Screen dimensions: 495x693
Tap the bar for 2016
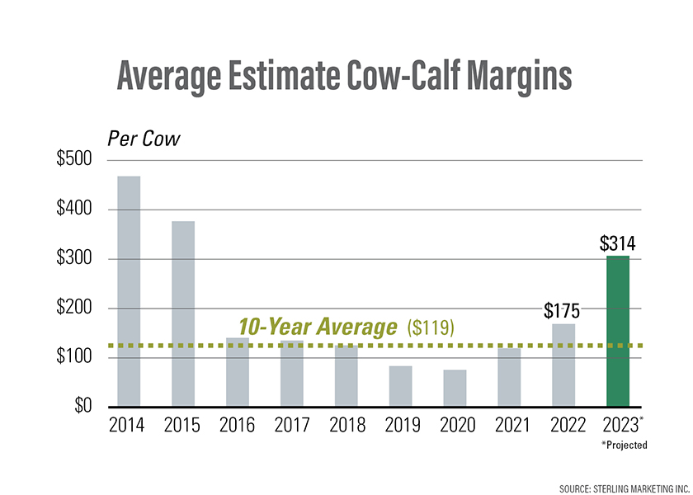(237, 372)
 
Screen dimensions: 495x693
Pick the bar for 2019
(400, 386)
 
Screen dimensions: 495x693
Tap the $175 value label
(563, 311)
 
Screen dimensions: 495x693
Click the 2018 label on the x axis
(346, 427)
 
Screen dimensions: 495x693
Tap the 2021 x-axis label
(509, 427)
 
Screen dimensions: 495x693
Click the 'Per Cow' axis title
(137, 138)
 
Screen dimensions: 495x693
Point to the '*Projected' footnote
(624, 445)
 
